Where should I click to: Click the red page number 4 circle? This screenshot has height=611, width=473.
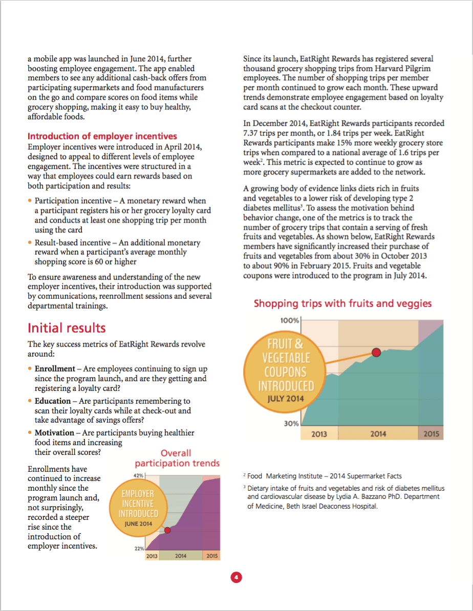pos(236,577)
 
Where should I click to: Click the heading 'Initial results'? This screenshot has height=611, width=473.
pos(67,328)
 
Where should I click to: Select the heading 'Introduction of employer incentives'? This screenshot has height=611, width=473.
pos(102,136)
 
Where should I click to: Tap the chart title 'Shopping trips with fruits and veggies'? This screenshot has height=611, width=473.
pos(342,303)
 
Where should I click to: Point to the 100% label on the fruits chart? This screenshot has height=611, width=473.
pos(289,320)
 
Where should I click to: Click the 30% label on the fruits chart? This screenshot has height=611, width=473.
pos(291,424)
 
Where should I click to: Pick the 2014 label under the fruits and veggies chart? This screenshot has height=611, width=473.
pos(378,434)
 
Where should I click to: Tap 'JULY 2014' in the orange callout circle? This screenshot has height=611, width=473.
pos(282,399)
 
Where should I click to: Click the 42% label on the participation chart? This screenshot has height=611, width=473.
pos(138,475)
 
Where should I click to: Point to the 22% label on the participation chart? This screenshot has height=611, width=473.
pos(138,548)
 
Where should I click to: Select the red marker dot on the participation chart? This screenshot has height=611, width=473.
pos(167,530)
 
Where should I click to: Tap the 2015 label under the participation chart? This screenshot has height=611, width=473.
pos(211,556)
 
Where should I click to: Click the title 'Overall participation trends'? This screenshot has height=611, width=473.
pos(177,458)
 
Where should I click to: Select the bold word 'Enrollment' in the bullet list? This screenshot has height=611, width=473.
pos(55,369)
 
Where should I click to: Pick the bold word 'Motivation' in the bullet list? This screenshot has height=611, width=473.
pos(54,433)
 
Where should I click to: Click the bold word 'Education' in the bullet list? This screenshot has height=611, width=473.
pos(53,401)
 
